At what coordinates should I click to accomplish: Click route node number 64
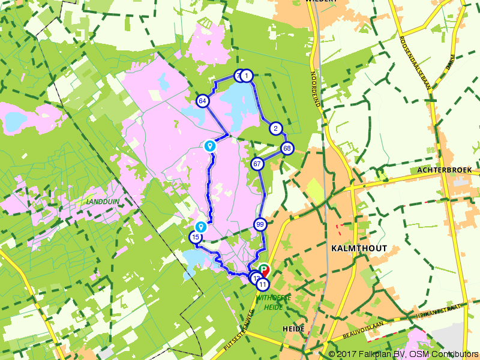(x=202, y=101)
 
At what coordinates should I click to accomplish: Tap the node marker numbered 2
(x=275, y=128)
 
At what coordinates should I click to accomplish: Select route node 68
(x=287, y=148)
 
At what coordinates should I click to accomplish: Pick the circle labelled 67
(x=257, y=164)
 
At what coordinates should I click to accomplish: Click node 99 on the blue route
(x=260, y=225)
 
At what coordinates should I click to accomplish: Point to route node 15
(x=196, y=238)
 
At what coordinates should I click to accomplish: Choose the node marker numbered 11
(x=262, y=285)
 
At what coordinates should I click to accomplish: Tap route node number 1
(x=246, y=76)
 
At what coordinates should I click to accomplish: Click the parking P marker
(x=264, y=270)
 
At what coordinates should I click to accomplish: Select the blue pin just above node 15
(x=200, y=227)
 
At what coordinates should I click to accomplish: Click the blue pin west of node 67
(x=209, y=145)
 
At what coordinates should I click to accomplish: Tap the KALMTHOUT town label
(x=359, y=248)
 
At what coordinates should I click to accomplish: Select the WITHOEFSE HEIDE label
(x=273, y=301)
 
